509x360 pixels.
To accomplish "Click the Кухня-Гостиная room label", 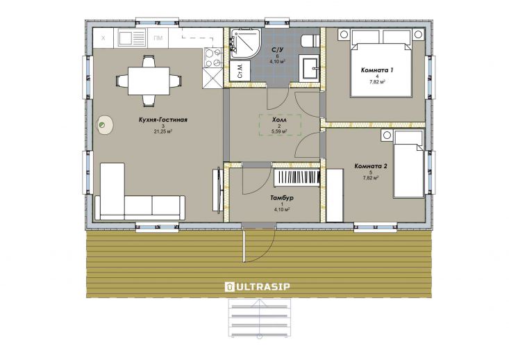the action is click(x=163, y=120).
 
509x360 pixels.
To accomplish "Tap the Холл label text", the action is click(x=279, y=120).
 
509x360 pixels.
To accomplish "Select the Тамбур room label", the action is click(x=282, y=198).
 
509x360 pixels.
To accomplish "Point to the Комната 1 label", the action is click(x=377, y=70).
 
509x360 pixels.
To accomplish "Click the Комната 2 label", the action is click(x=371, y=166).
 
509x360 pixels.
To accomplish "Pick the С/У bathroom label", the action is click(x=278, y=50).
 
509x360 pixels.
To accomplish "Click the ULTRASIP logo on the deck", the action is click(x=258, y=286).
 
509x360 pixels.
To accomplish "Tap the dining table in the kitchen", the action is click(x=149, y=81).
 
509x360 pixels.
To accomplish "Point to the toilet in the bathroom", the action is click(x=310, y=41).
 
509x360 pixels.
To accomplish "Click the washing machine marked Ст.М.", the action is click(x=240, y=71).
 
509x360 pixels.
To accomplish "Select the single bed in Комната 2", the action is click(x=409, y=164).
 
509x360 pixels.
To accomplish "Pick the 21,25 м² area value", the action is click(x=163, y=131).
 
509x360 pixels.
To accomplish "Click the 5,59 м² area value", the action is click(x=279, y=131).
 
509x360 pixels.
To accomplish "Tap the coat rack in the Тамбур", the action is click(x=297, y=178).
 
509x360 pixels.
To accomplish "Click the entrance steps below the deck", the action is click(x=260, y=318).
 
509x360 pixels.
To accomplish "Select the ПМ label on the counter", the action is click(x=158, y=38).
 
